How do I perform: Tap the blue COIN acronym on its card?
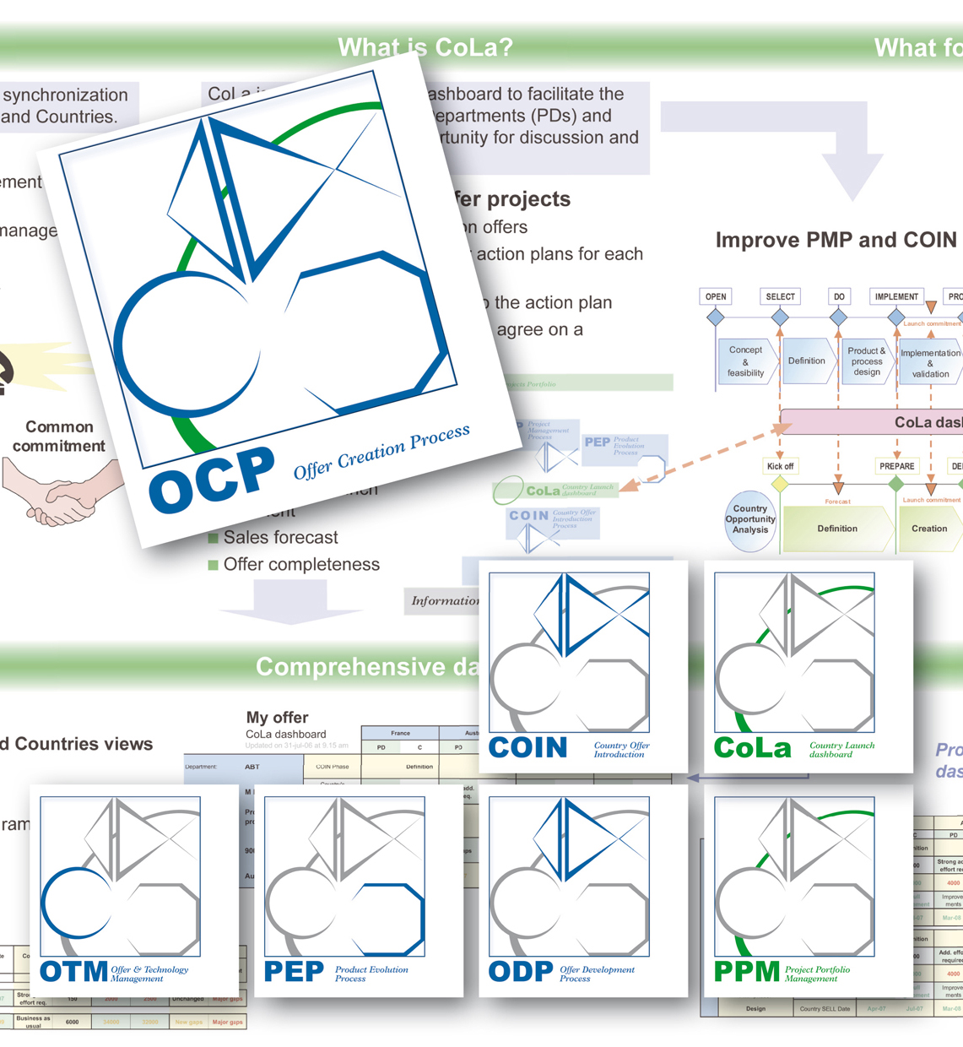click(527, 747)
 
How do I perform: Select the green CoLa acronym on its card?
click(753, 748)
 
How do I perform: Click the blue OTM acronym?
click(74, 972)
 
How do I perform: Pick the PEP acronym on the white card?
click(294, 972)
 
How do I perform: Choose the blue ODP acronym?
click(521, 972)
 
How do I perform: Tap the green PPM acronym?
click(747, 972)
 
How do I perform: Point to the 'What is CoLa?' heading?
click(425, 47)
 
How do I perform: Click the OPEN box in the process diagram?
click(716, 296)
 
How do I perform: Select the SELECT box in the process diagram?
click(780, 296)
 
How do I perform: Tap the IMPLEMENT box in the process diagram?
click(896, 296)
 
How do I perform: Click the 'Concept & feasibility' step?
click(745, 361)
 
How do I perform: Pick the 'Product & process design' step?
click(867, 361)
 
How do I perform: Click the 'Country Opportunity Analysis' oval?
click(749, 519)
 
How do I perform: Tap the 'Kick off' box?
click(780, 466)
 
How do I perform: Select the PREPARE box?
click(896, 466)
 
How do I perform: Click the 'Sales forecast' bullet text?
click(280, 538)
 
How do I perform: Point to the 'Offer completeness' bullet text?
click(301, 565)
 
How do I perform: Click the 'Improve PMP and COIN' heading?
click(836, 241)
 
